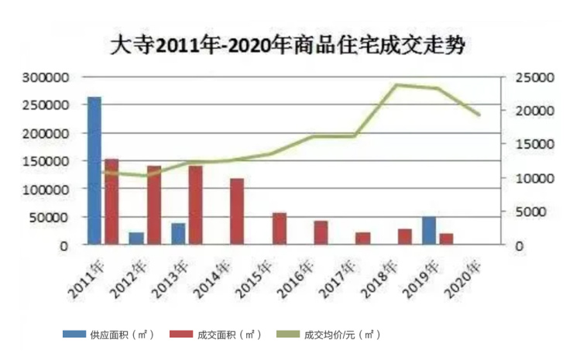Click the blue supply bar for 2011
tap(94, 171)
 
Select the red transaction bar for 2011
tap(112, 202)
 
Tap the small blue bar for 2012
tap(136, 238)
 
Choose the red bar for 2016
tap(321, 233)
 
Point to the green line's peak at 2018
tap(397, 84)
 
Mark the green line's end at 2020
tap(480, 115)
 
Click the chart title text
tap(286, 46)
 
